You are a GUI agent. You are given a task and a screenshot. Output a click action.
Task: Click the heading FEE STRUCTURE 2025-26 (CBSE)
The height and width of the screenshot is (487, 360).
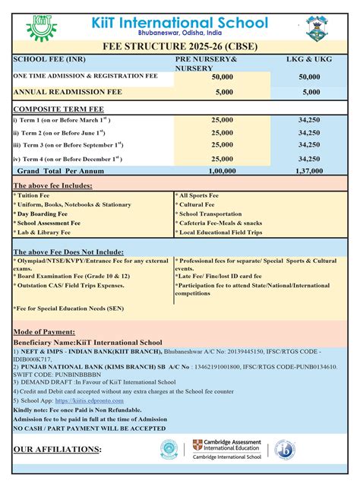pos(181,46)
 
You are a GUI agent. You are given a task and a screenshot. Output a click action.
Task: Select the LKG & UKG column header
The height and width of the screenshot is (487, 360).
pos(309,59)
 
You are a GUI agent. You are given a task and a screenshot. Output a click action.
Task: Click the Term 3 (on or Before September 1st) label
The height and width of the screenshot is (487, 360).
pos(68,145)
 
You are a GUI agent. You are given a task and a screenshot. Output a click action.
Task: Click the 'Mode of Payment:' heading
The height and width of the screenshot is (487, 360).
pos(46,333)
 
